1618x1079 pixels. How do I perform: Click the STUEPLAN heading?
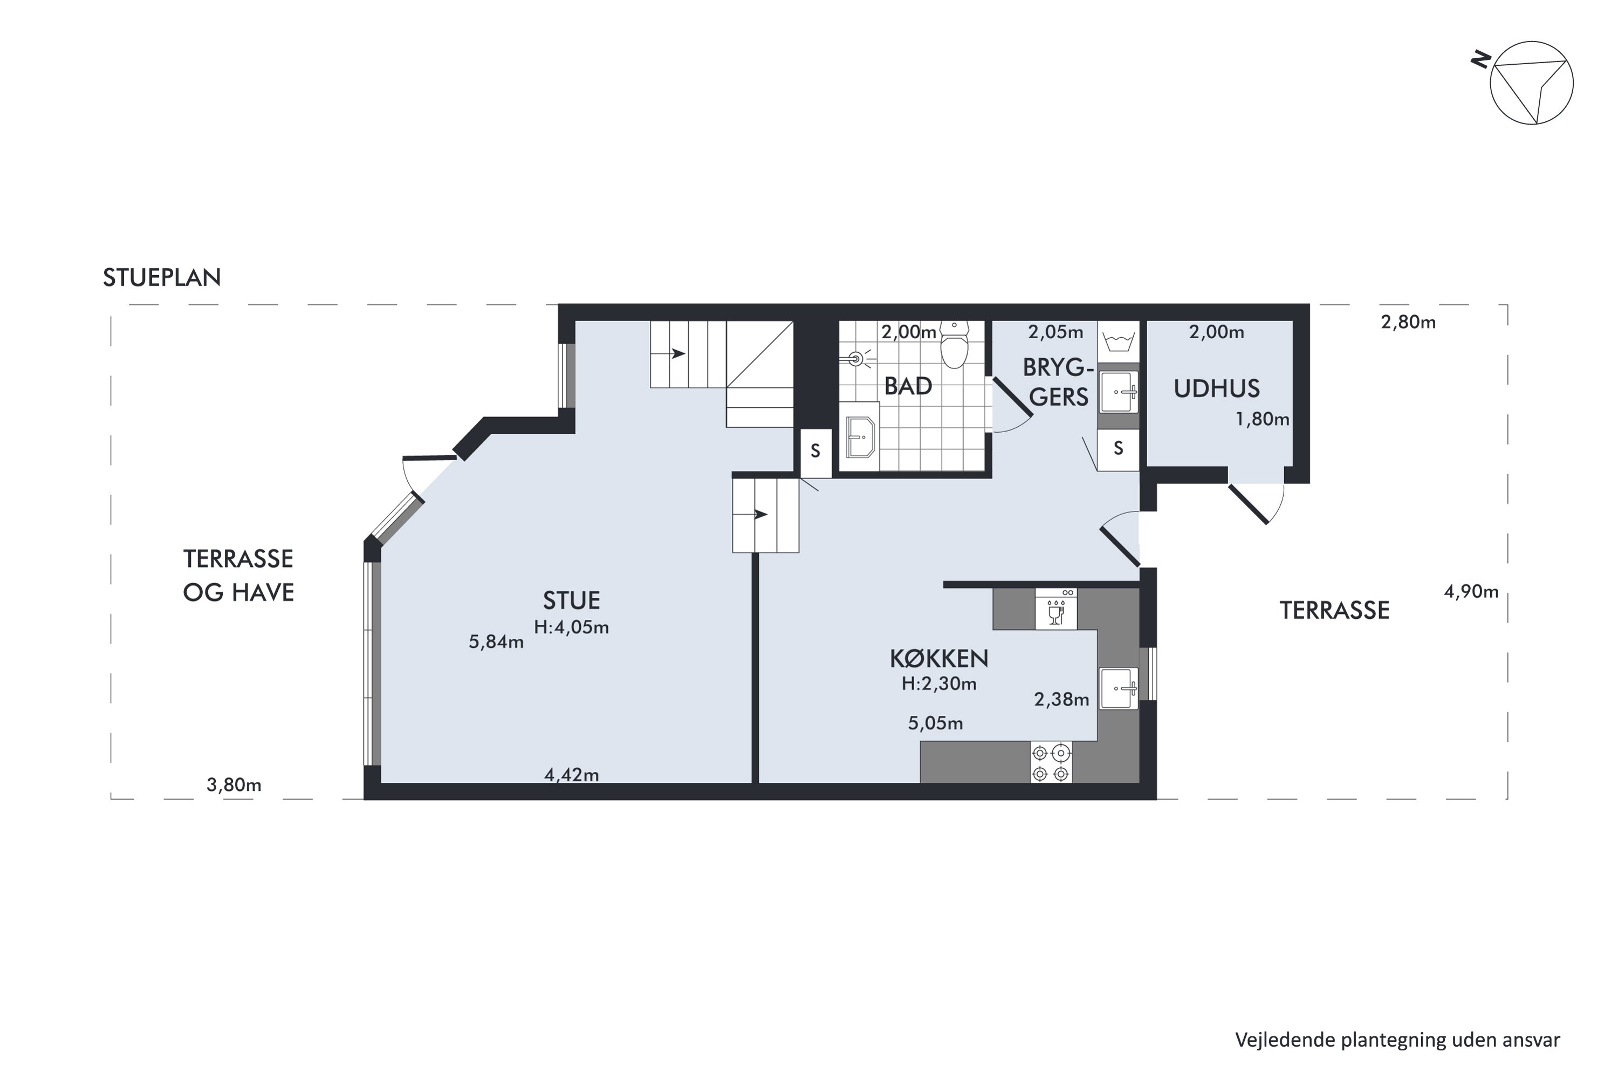162,277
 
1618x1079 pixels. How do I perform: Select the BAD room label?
908,386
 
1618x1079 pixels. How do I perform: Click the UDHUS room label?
1216,389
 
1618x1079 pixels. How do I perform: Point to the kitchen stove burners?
1051,762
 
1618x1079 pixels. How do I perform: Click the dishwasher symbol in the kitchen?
1056,609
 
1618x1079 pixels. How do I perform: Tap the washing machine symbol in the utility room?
1118,342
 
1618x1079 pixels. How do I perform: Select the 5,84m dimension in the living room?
496,642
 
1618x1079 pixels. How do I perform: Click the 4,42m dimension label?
571,775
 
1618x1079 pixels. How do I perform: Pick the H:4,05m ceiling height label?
571,627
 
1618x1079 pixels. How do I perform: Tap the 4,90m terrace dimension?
1471,592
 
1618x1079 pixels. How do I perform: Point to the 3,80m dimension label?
234,784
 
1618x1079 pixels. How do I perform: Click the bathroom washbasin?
860,437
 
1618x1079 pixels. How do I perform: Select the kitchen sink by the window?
1118,688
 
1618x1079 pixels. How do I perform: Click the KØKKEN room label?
939,659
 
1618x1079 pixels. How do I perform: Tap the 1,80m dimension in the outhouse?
1263,419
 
